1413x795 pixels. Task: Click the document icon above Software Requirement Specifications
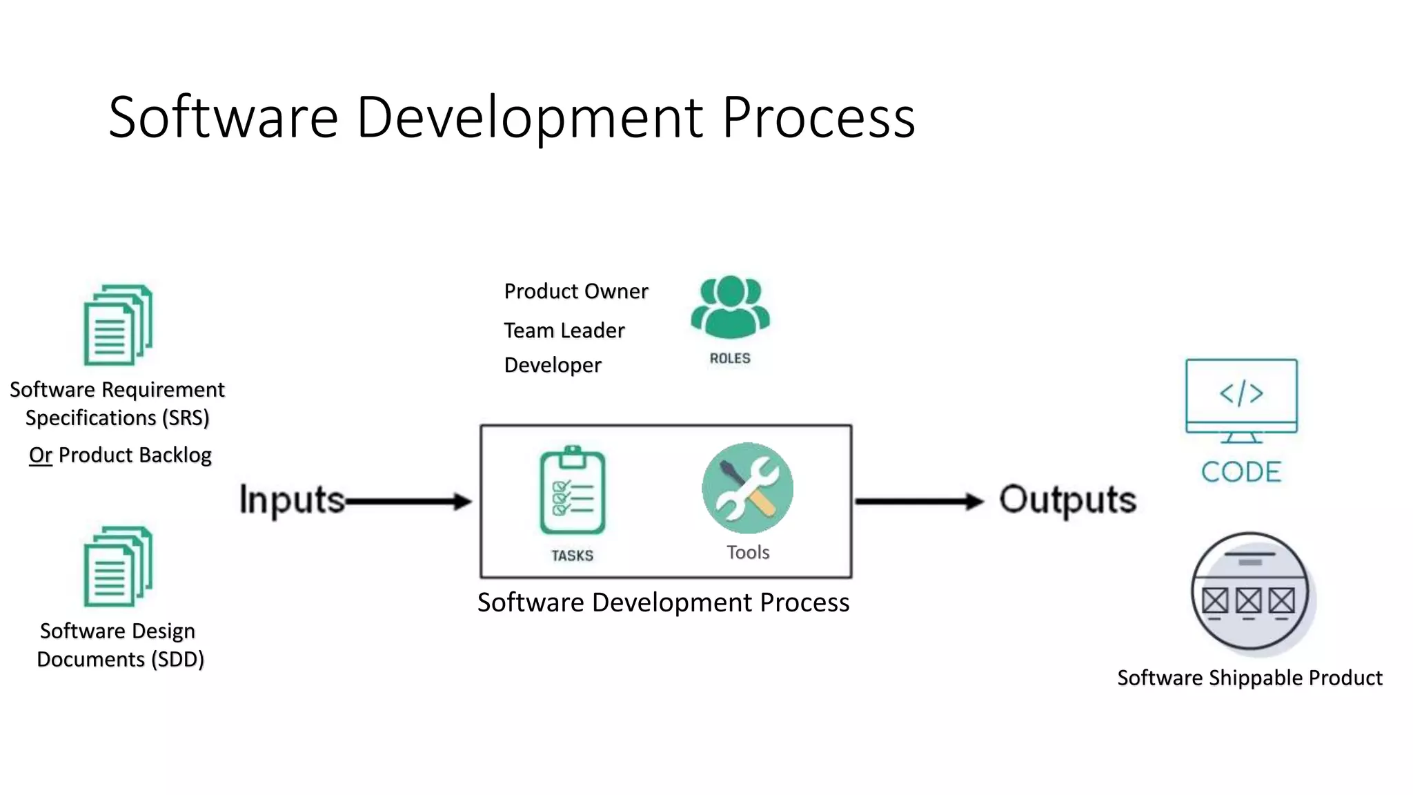click(118, 325)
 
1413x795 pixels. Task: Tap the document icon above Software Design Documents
click(118, 567)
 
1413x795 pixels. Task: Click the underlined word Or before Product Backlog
click(41, 455)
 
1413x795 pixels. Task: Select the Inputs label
click(292, 500)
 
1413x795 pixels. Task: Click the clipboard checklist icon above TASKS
click(573, 491)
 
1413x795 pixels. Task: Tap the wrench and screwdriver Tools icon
click(747, 488)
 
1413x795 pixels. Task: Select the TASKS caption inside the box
click(572, 556)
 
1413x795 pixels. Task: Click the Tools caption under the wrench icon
click(748, 552)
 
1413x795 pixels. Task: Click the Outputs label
click(1067, 500)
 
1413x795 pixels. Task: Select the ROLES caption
click(730, 358)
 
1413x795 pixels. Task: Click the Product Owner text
click(576, 291)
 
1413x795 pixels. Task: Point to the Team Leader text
click(564, 331)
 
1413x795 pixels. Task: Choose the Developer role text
click(553, 365)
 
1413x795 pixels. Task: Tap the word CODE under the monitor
click(1241, 472)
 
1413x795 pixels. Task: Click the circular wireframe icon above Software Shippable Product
click(1250, 591)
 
